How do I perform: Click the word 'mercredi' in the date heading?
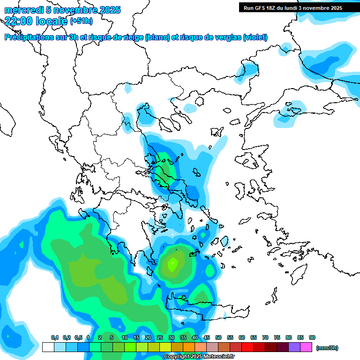pos(22,10)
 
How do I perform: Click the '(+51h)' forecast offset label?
pos(81,21)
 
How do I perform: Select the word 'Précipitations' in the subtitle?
pos(28,37)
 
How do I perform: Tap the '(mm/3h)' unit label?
pos(327,348)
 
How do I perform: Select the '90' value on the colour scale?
pos(312,337)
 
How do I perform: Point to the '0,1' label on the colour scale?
pos(54,337)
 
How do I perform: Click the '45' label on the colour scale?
pos(207,337)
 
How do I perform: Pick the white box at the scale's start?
pos(48,347)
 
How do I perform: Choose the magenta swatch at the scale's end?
pos(307,347)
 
